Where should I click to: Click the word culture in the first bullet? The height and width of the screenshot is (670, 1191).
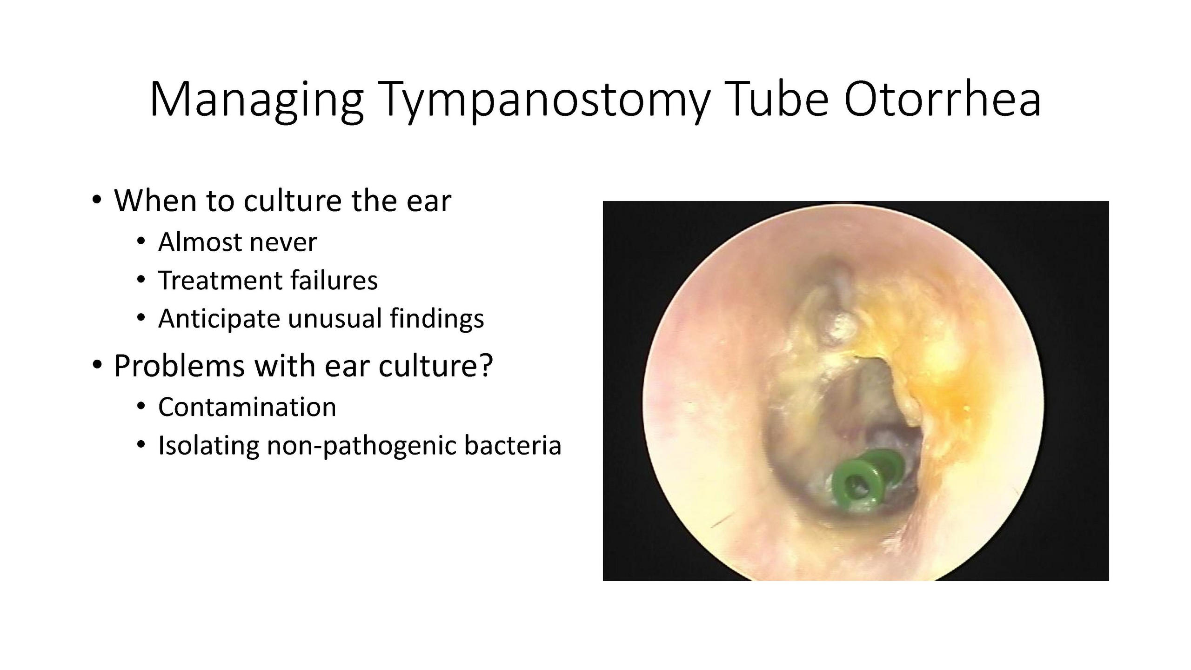pyautogui.click(x=293, y=201)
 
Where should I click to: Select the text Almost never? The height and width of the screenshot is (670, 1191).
pyautogui.click(x=237, y=242)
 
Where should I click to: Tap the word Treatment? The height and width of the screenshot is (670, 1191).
pyautogui.click(x=221, y=280)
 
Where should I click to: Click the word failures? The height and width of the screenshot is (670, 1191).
pyautogui.click(x=334, y=280)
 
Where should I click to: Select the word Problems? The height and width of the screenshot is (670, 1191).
pyautogui.click(x=180, y=366)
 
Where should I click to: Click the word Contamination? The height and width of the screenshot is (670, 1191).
pyautogui.click(x=247, y=407)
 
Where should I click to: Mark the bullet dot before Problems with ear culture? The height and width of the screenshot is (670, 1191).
pyautogui.click(x=96, y=366)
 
